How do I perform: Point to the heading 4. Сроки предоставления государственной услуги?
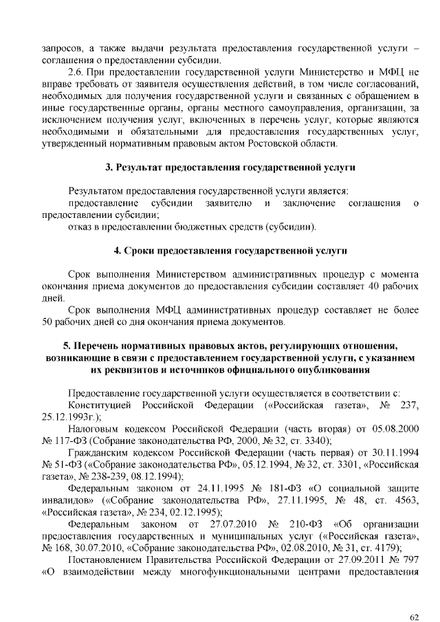point(230,250)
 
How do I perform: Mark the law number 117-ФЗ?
point(71,441)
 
